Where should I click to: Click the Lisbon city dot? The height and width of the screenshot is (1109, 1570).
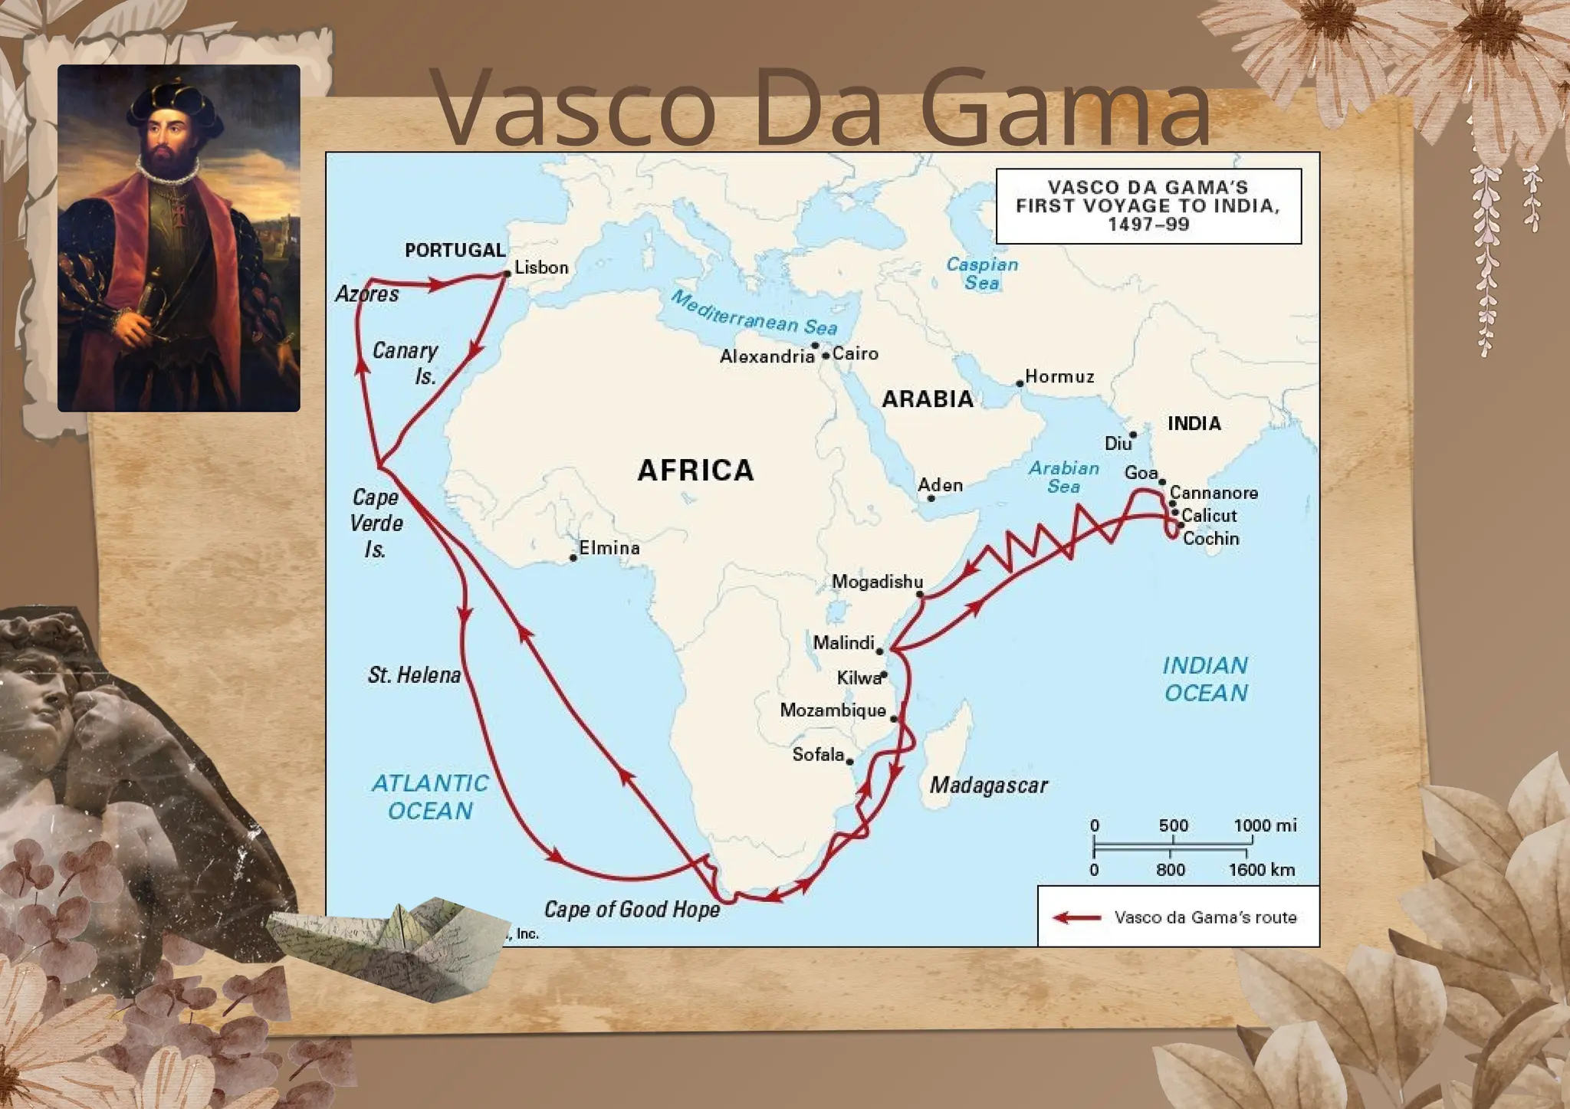click(x=507, y=274)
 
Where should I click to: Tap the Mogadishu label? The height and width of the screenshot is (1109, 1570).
click(x=877, y=582)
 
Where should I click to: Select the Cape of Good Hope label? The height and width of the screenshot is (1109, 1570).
click(x=632, y=910)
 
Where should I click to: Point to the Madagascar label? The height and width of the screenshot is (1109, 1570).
click(x=988, y=786)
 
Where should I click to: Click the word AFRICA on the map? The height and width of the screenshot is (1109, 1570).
click(x=695, y=470)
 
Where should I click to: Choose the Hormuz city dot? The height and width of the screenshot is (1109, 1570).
click(x=1020, y=382)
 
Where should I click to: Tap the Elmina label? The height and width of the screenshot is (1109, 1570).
click(x=609, y=548)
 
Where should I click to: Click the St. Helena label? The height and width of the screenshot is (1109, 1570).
click(x=414, y=675)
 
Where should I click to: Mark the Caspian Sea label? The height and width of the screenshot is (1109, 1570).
click(x=982, y=274)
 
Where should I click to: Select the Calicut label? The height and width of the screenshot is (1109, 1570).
click(x=1209, y=516)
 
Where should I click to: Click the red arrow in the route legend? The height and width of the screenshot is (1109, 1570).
click(x=1076, y=917)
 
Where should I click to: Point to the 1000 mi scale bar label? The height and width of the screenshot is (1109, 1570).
click(x=1265, y=825)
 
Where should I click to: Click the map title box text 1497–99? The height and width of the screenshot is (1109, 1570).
click(x=1148, y=225)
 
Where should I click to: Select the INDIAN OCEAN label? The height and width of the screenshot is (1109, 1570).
click(x=1205, y=679)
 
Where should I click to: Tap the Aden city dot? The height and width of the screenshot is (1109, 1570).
click(x=931, y=498)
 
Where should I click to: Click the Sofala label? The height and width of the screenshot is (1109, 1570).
click(x=818, y=755)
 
